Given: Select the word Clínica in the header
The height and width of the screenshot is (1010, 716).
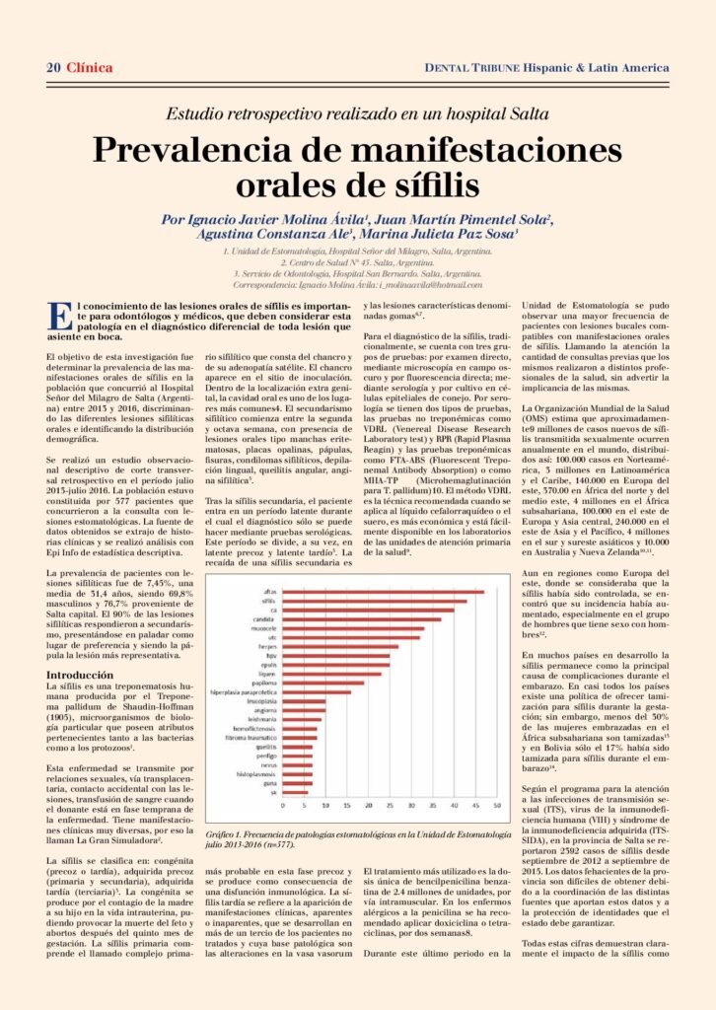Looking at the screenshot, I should tap(90, 67).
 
